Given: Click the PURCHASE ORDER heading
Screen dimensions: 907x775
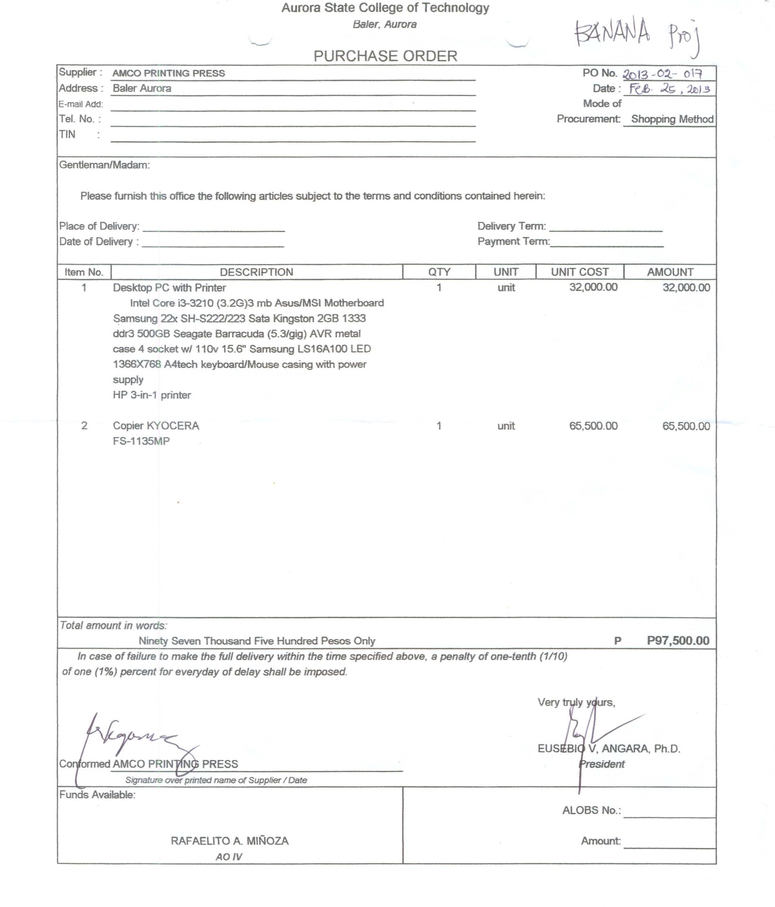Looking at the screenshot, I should [385, 56].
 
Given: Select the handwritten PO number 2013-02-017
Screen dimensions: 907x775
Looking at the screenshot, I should [663, 74].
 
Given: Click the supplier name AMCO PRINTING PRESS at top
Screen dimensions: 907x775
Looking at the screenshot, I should [169, 73].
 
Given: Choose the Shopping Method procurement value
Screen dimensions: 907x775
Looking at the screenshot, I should [672, 119].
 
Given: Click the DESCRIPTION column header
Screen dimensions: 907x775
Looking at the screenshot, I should [256, 272].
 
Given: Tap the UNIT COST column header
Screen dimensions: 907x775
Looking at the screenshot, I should [579, 272].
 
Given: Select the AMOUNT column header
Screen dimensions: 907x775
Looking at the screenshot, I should [670, 272].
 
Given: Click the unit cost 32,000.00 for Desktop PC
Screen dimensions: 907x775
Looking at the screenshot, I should [593, 288].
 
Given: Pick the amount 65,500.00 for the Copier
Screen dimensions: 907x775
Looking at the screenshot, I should [686, 426].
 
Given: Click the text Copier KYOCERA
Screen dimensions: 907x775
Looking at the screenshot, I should [156, 426].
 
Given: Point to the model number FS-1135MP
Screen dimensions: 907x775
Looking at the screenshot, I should [141, 441].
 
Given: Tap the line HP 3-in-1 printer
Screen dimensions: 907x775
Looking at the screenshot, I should [152, 395].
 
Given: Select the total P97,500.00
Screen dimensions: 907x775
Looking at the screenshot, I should [678, 641].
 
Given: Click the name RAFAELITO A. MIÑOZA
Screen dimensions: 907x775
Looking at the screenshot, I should [230, 841].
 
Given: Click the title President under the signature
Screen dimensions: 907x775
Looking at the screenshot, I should [602, 764].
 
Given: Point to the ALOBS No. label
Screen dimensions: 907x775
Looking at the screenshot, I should [591, 811].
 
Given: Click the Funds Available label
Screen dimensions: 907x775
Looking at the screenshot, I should [97, 795].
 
